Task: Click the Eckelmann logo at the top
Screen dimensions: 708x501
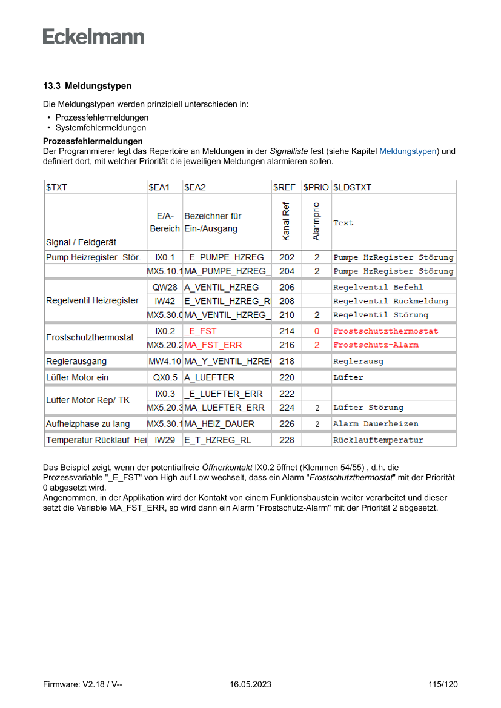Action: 93,36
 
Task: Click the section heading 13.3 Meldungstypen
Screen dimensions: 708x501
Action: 87,86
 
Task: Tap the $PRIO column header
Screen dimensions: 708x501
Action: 316,187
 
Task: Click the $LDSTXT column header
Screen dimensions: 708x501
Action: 352,187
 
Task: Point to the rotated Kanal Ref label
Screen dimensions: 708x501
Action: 287,222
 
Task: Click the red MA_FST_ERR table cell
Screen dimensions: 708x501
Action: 213,345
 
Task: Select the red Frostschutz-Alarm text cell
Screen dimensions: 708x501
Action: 376,345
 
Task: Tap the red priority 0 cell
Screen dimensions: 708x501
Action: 316,331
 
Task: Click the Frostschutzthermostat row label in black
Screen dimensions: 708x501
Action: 90,337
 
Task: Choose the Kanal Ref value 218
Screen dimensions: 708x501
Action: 287,361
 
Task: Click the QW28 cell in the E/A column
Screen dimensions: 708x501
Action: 165,287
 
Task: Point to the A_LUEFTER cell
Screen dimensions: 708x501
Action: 209,377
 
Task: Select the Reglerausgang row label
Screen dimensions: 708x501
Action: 76,361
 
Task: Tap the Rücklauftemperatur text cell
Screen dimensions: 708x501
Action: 378,440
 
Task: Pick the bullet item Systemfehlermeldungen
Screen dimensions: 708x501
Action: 101,128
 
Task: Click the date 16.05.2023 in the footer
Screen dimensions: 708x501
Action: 250,684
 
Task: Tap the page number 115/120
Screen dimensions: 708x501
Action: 443,684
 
